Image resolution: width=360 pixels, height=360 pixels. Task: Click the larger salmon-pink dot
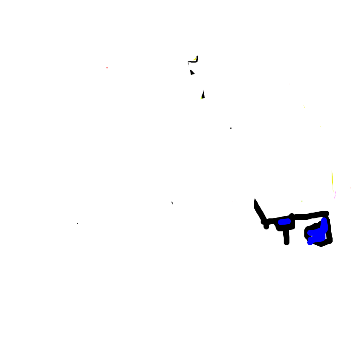point(107,68)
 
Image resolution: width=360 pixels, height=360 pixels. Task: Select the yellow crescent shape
point(194,59)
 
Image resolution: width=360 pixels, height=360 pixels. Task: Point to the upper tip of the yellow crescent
point(196,56)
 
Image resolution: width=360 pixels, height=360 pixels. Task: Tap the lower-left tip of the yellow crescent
point(192,60)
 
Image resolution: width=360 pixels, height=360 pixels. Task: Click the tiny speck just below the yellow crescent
point(191,75)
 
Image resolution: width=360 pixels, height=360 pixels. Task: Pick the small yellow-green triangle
point(201,98)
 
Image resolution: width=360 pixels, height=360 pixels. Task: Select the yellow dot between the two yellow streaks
point(321,126)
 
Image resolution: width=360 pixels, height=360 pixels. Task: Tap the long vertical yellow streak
point(332,180)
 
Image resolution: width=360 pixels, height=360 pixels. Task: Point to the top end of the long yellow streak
point(332,170)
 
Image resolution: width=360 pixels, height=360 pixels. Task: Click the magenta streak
point(335,196)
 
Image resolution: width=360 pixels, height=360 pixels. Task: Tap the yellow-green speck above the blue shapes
point(302,201)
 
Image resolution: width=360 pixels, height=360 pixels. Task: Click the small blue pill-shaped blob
point(285,222)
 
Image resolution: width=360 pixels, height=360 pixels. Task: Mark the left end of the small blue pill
point(280,222)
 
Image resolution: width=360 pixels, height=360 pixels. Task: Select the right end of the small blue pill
point(288,221)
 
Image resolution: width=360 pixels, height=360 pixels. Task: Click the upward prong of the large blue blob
point(324,223)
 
